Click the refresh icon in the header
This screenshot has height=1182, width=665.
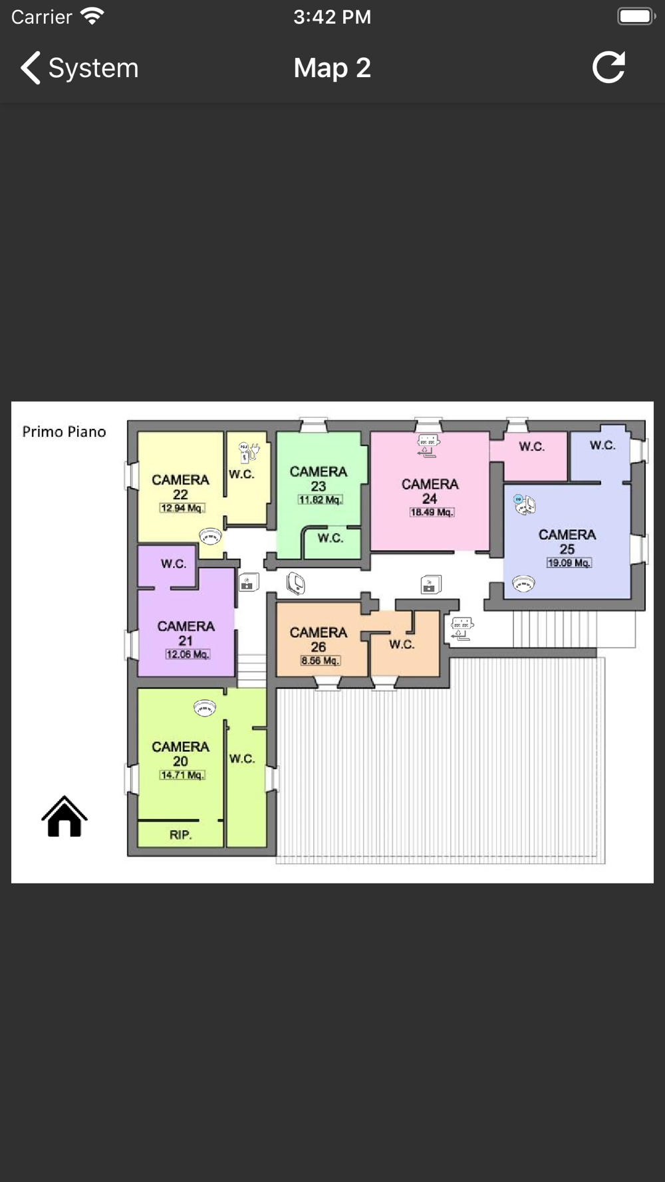pos(608,67)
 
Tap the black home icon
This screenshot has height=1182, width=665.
pos(65,816)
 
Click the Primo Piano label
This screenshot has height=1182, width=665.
pos(64,432)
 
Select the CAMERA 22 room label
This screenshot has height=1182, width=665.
pos(180,487)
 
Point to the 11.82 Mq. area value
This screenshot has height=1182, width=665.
pos(320,500)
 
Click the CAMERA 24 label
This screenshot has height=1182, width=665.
pos(430,491)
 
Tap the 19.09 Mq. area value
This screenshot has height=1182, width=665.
pos(569,563)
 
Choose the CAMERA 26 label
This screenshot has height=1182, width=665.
pos(319,640)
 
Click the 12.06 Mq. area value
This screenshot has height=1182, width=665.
pos(188,655)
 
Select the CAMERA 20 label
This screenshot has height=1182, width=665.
pos(180,754)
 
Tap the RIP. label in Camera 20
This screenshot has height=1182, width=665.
pos(180,835)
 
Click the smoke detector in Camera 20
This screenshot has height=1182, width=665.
pos(204,708)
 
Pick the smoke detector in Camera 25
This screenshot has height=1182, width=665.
pos(523,584)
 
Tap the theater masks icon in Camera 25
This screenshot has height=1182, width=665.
pos(525,505)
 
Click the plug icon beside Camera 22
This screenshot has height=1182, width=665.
pos(249,452)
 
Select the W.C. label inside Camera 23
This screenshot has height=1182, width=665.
pos(330,538)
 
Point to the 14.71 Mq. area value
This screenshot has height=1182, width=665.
pos(182,775)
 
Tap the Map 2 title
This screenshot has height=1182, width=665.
pos(332,68)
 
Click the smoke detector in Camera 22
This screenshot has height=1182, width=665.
pos(210,536)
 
